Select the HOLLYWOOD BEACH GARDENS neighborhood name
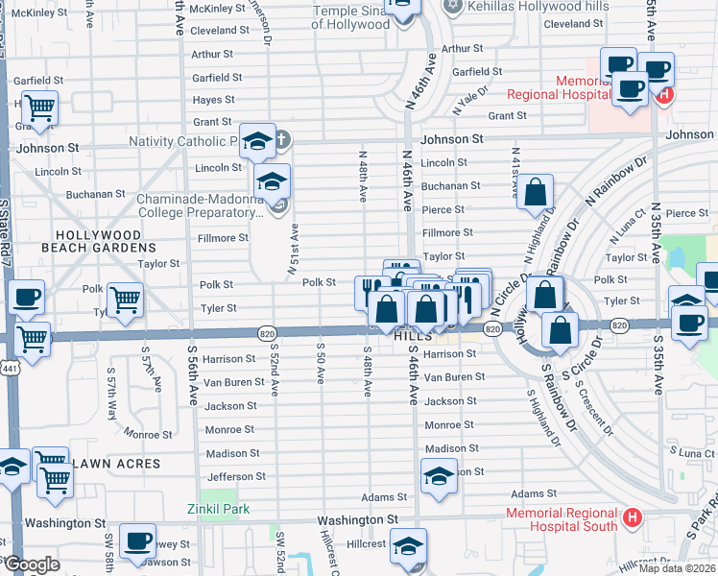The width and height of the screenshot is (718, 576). (99, 241)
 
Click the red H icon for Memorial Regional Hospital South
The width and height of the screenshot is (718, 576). (632, 518)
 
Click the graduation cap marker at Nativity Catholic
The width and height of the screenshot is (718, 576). (257, 141)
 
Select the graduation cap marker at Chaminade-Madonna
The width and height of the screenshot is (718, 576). (273, 180)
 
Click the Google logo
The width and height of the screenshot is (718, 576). (31, 564)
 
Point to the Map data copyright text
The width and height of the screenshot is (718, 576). (676, 568)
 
